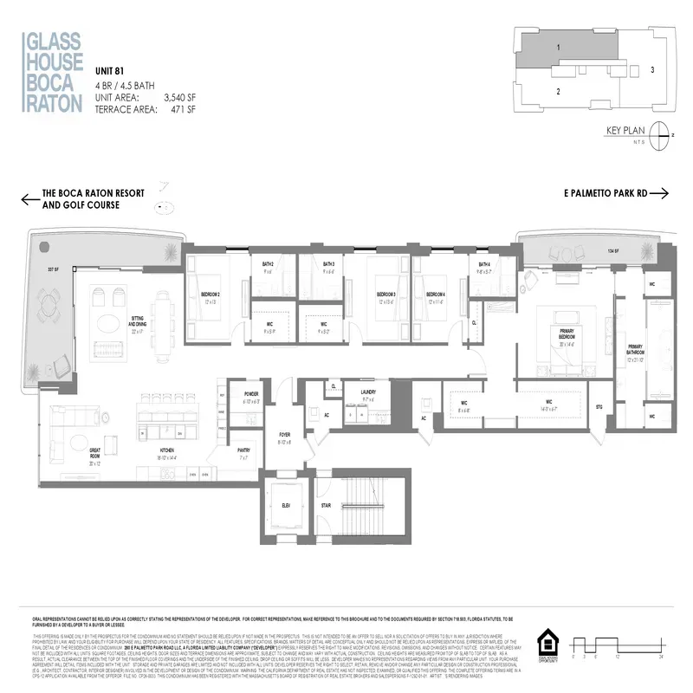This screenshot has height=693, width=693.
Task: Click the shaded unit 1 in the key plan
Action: coord(559,48)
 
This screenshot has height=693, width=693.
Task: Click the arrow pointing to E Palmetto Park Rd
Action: coord(659,194)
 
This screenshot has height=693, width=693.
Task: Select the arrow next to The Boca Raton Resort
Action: coord(31,199)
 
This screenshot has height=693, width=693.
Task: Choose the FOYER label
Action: coord(284,437)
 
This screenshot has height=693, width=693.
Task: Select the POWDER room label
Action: coord(251,392)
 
